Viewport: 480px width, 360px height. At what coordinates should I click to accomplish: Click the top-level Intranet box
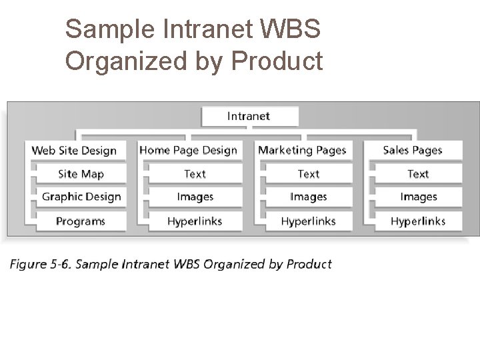tap(249, 116)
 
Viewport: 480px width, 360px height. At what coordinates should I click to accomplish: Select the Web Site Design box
tap(74, 150)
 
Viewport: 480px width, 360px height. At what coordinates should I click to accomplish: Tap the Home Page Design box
tap(188, 150)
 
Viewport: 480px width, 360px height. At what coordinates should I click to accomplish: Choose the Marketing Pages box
tap(302, 150)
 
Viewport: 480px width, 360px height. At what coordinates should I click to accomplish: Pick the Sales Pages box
tap(413, 150)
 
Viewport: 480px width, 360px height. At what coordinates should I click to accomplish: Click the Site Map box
tap(81, 174)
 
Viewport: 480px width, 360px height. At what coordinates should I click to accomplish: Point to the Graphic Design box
tap(81, 197)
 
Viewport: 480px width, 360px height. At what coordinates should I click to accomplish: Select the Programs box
tap(81, 221)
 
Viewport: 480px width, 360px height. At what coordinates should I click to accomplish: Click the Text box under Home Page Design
tap(195, 174)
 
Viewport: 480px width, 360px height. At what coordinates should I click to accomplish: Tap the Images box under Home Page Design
tap(195, 197)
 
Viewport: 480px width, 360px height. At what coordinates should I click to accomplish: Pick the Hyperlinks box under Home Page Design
tap(195, 221)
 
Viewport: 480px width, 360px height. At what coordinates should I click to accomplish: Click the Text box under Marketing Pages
tap(309, 174)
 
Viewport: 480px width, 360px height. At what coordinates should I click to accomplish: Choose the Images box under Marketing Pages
tap(309, 197)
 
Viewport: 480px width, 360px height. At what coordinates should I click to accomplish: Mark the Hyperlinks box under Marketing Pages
tap(309, 221)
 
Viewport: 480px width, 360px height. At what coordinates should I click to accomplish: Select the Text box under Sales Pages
tap(418, 174)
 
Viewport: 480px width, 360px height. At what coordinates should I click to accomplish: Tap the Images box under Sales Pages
tap(418, 197)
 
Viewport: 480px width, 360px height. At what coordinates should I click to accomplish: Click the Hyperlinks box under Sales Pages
tap(418, 221)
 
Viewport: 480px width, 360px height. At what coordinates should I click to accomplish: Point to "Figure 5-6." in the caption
tap(40, 264)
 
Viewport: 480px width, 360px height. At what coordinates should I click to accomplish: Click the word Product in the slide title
tap(275, 61)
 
